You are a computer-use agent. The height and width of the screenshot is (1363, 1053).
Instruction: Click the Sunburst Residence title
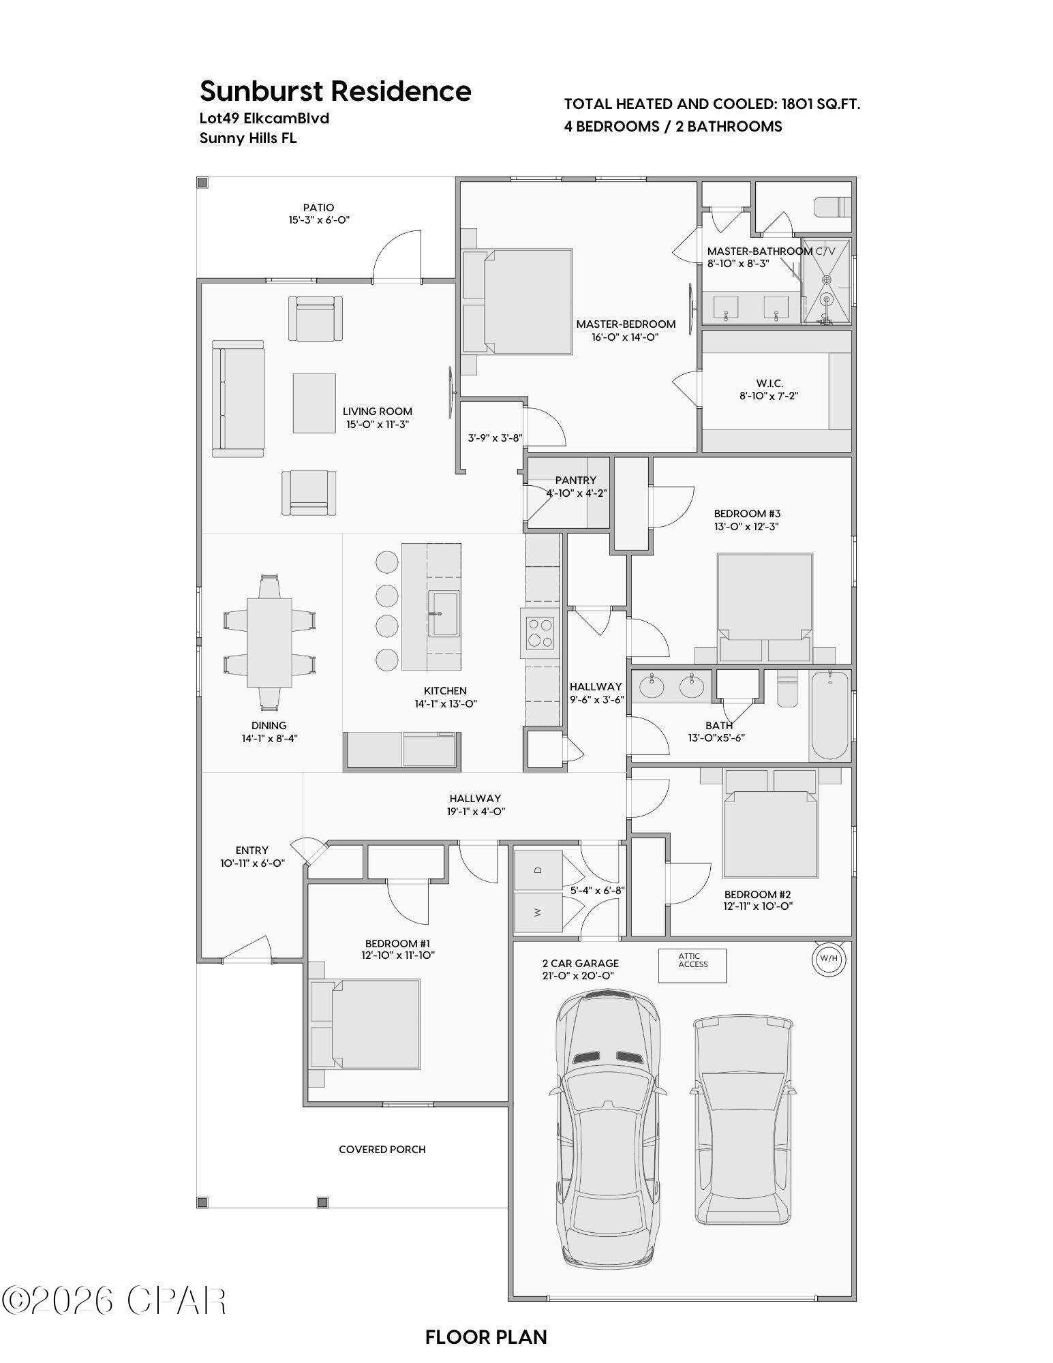pos(335,91)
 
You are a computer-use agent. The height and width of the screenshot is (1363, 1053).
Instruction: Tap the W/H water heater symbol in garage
pos(828,958)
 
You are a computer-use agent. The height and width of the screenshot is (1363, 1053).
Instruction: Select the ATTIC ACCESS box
pos(692,965)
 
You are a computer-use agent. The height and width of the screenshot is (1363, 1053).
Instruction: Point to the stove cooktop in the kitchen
pos(542,632)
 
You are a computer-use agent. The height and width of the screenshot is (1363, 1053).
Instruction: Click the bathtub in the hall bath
pos(829,714)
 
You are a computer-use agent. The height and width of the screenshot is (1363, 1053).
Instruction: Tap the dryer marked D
pos(538,870)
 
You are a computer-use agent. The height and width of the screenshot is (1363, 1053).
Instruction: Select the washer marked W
pos(538,913)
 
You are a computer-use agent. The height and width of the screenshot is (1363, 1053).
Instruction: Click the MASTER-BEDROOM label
pos(625,324)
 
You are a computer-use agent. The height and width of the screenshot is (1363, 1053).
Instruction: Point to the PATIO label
pos(318,208)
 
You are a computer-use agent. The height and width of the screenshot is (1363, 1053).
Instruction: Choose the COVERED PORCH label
pos(382,1150)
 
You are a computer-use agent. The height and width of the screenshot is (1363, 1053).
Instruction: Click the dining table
pos(269,642)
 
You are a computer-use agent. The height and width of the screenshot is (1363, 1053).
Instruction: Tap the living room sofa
pos(237,399)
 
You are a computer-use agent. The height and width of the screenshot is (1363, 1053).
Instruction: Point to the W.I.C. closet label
pos(769,384)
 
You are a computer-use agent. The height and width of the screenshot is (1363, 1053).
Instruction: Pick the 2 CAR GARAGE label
pos(580,963)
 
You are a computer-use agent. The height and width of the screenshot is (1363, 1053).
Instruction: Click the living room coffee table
pos(314,403)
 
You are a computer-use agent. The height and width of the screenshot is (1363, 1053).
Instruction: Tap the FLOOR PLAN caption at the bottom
pos(486,1337)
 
